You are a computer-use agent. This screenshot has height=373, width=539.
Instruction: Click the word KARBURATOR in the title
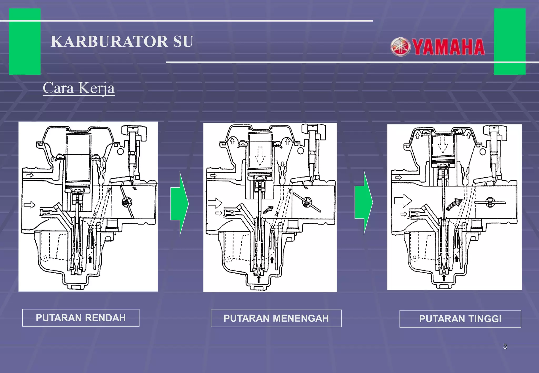click(109, 42)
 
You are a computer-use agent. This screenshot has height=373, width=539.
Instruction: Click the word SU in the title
click(183, 42)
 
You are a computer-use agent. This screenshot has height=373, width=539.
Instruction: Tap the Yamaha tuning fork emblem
click(400, 47)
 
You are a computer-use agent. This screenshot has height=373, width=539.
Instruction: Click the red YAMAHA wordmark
click(448, 47)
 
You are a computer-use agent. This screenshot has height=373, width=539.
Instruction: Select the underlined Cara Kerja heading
click(79, 88)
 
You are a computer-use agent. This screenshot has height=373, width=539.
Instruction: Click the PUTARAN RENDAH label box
click(81, 318)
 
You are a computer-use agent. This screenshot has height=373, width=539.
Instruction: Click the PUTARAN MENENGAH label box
click(276, 318)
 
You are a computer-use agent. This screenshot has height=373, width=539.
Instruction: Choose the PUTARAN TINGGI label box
click(460, 319)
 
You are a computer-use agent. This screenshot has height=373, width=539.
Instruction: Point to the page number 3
click(505, 346)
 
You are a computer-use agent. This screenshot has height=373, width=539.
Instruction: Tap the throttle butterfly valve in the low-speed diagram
click(127, 202)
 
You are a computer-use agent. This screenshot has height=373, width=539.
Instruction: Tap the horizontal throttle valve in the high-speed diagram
click(490, 203)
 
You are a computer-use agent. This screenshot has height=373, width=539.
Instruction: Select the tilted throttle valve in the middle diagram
click(307, 202)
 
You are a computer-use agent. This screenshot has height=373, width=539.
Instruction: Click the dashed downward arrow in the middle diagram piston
click(260, 156)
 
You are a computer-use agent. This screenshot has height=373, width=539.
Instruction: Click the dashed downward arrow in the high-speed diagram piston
click(443, 144)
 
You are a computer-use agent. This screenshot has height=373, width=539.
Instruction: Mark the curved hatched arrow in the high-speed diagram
click(454, 204)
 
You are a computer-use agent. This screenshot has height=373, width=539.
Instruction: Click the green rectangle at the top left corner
click(25, 41)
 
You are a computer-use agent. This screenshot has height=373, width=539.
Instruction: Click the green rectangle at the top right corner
click(510, 41)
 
